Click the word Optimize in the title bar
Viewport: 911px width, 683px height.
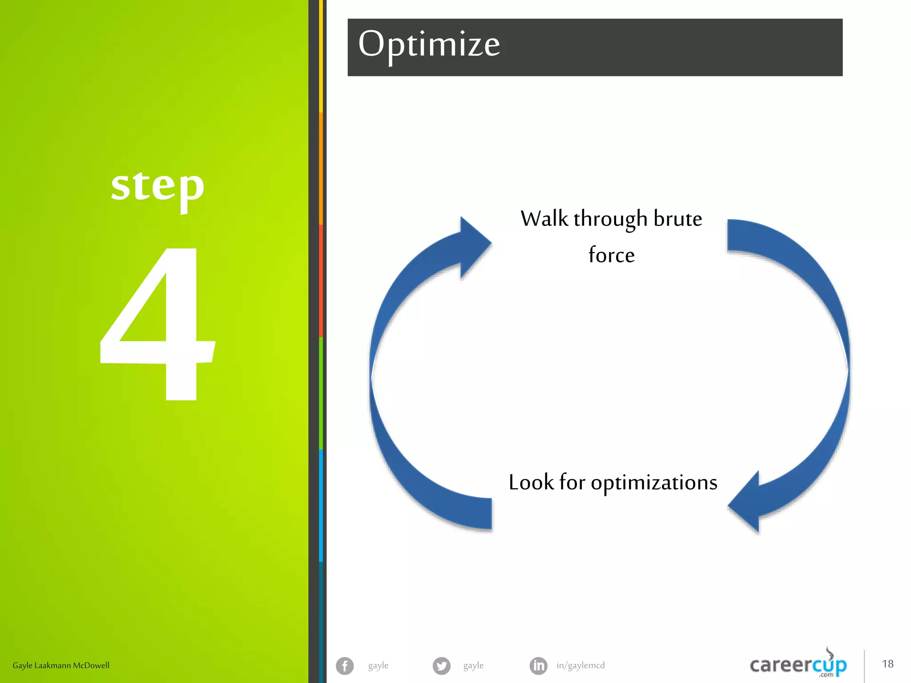(429, 45)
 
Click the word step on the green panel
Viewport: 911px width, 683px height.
(157, 187)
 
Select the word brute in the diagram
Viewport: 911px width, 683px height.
(677, 219)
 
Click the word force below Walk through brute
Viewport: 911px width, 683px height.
(611, 255)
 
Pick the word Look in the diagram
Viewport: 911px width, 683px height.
(531, 482)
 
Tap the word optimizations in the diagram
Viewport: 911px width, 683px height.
(654, 483)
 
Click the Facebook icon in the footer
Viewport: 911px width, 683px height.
(345, 666)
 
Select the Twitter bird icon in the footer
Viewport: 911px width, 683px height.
(441, 666)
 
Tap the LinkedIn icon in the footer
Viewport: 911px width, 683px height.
(538, 666)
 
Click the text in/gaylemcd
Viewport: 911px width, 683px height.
(580, 666)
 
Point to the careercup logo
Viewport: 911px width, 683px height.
(798, 665)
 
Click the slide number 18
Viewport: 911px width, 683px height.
(887, 664)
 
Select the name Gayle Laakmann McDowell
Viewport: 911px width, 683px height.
(61, 666)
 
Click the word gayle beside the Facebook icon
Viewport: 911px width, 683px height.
(378, 666)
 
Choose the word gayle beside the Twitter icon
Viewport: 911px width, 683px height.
(473, 666)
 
